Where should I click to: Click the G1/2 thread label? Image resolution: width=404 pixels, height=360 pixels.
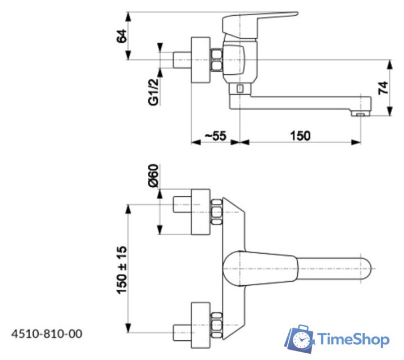click(x=153, y=92)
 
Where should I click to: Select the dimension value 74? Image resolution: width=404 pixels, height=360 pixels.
click(x=383, y=88)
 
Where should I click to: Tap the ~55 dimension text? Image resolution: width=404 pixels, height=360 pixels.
click(x=215, y=136)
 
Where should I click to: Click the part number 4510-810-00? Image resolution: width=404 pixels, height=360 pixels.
click(x=46, y=334)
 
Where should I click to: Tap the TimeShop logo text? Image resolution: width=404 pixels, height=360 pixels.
click(x=353, y=339)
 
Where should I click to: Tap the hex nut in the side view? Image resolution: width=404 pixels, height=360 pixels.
click(x=216, y=60)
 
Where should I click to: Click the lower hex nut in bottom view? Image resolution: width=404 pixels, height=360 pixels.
click(x=216, y=325)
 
